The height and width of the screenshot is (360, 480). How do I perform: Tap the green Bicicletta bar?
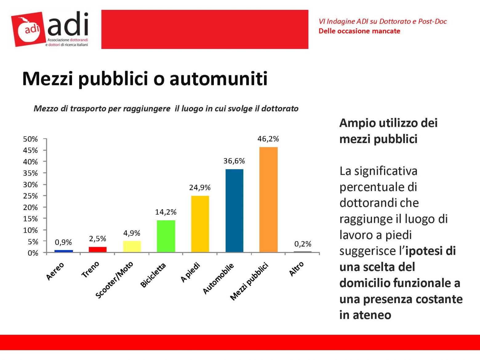tap(166, 236)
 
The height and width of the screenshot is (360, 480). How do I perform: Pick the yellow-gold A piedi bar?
tap(200, 224)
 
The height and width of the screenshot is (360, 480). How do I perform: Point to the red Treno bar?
tap(98, 250)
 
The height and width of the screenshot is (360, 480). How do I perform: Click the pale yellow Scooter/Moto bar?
tap(132, 246)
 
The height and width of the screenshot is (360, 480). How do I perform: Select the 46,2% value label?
tap(268, 139)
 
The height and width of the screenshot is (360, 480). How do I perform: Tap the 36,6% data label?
tap(234, 161)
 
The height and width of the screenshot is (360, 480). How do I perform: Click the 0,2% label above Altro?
tap(303, 244)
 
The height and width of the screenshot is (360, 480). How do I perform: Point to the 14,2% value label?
tap(166, 212)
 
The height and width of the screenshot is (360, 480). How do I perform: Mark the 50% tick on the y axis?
tap(30, 139)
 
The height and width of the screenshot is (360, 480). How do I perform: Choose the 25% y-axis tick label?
tap(30, 196)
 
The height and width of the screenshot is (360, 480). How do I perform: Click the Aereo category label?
tap(55, 271)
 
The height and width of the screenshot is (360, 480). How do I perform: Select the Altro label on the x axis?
tap(296, 269)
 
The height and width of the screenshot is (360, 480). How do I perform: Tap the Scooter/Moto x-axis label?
tap(114, 280)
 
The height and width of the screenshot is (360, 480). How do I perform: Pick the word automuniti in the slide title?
tap(218, 78)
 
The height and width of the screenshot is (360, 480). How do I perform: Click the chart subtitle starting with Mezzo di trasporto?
tap(166, 109)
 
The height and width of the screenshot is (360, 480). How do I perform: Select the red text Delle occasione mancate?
tap(359, 31)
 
